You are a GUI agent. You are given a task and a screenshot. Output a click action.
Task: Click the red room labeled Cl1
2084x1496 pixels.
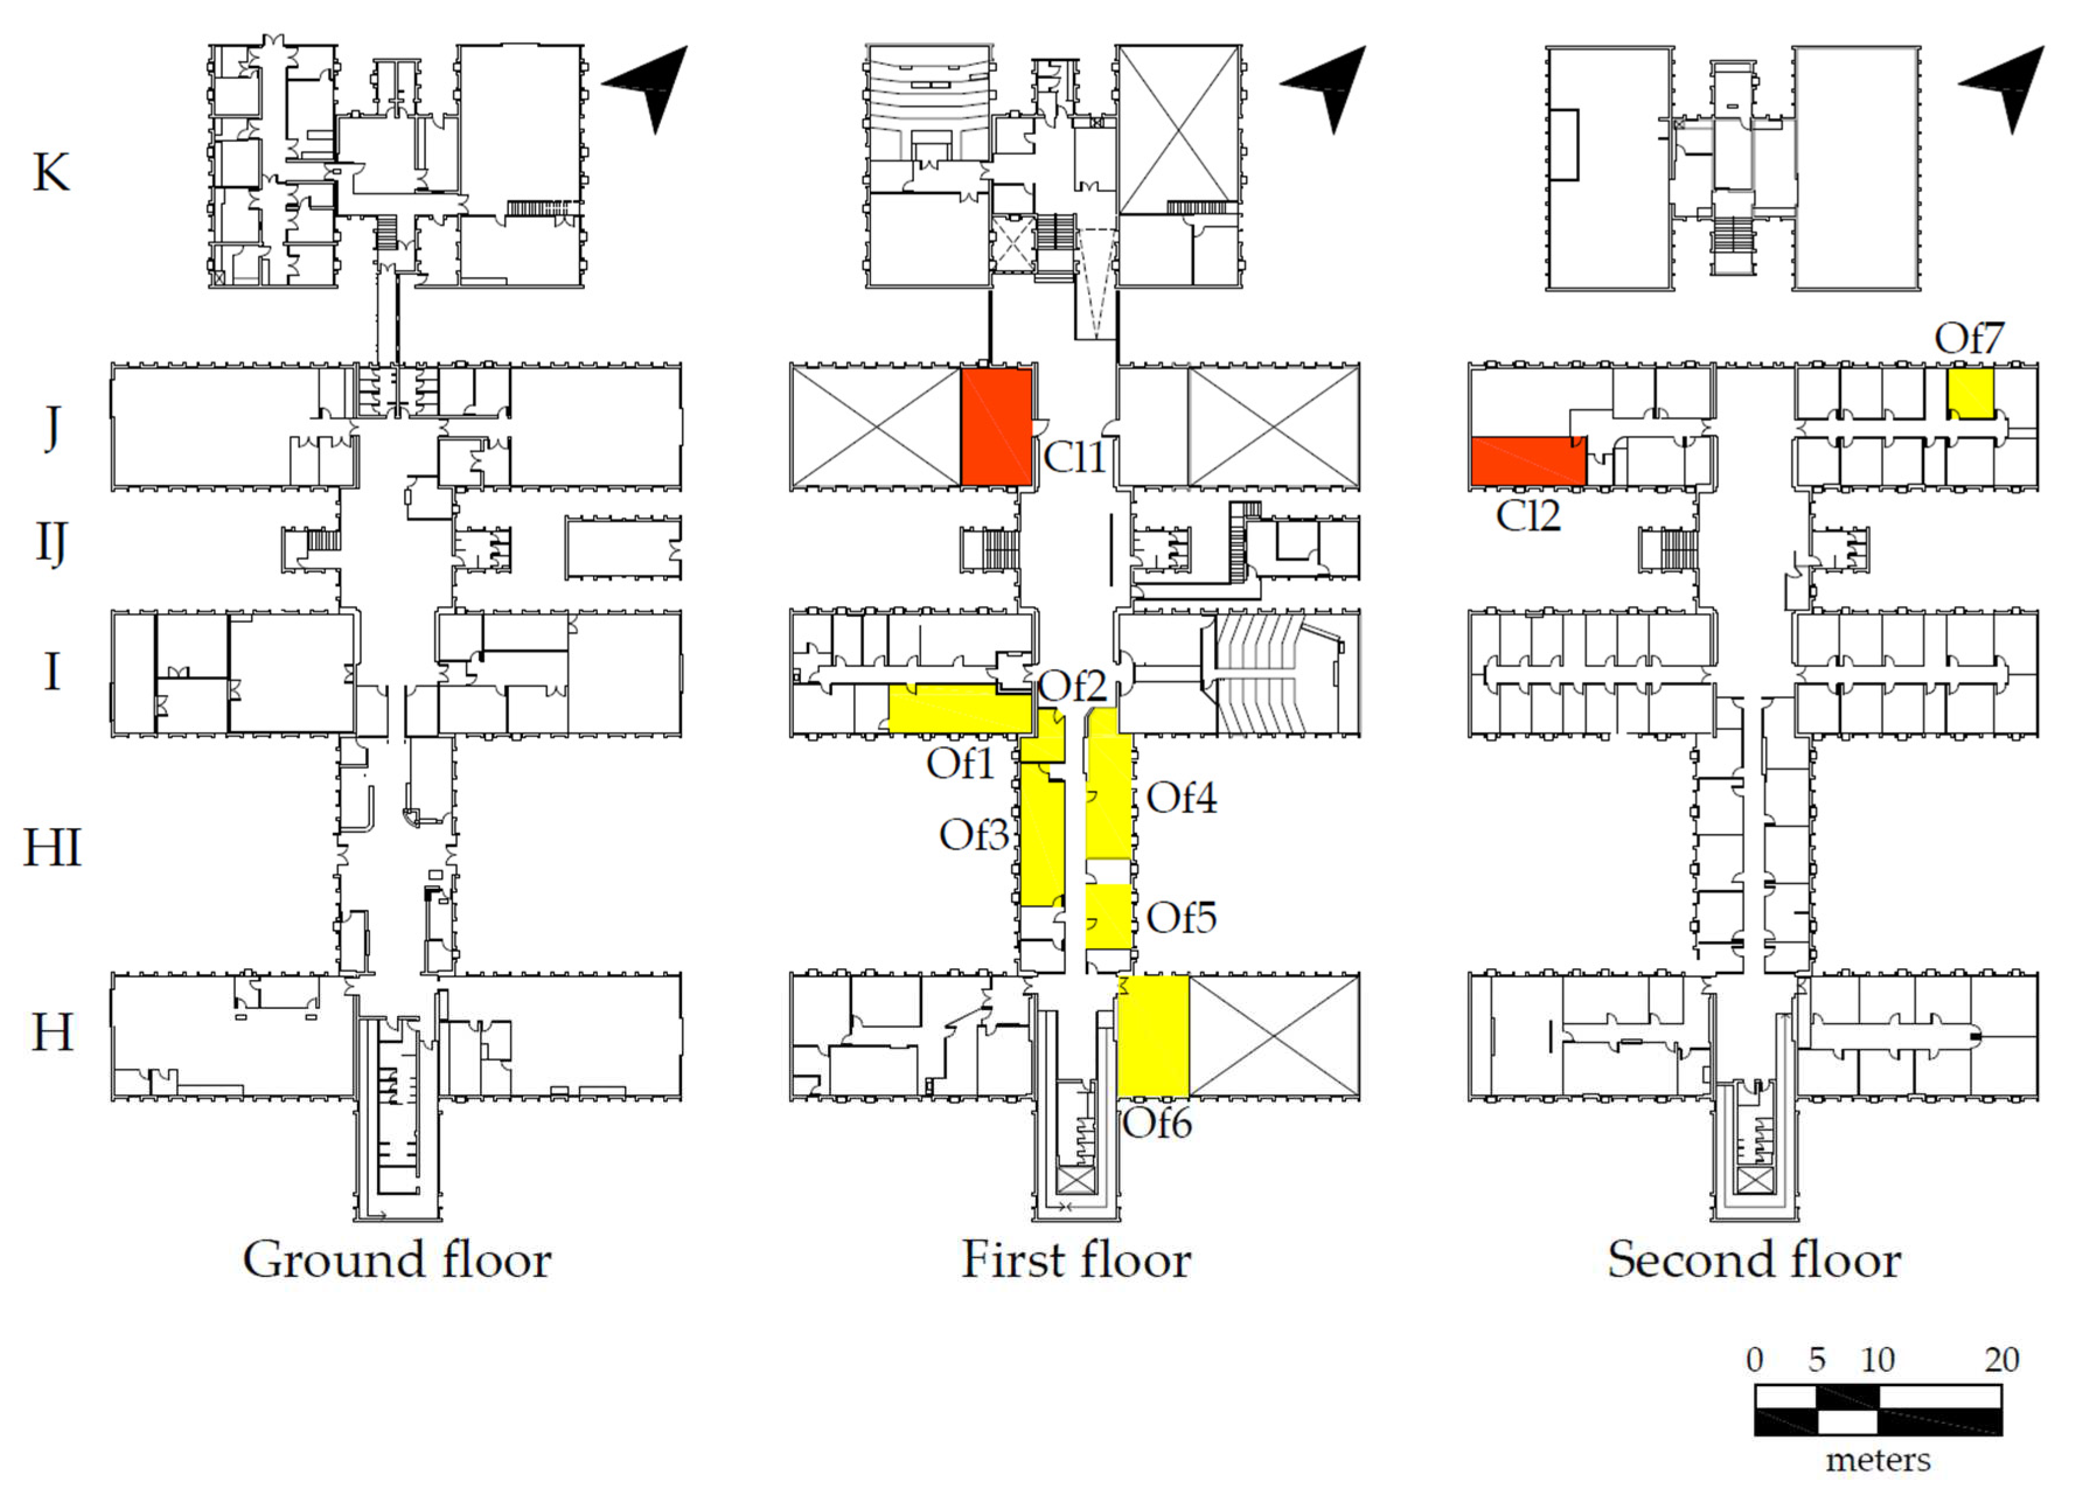(x=996, y=426)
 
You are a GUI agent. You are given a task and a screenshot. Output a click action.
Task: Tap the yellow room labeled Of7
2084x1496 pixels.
(x=1970, y=394)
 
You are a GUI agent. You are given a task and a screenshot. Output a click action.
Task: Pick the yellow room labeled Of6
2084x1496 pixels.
(x=1153, y=1036)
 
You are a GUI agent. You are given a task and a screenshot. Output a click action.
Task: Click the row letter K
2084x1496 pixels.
(x=51, y=172)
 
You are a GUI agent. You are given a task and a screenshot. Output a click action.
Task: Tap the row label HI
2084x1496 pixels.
(x=53, y=847)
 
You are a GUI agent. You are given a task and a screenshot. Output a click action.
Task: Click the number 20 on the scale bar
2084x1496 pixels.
(x=2001, y=1360)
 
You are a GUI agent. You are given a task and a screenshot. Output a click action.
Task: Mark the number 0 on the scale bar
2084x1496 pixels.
(x=1754, y=1360)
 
